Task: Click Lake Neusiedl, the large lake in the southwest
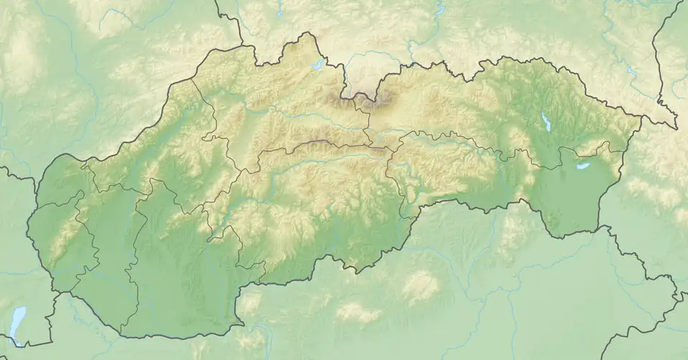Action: pos(17,318)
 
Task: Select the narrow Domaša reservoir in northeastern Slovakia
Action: pos(546,122)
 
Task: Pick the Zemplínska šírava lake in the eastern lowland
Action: pos(583,166)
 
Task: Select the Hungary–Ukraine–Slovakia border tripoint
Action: pos(601,228)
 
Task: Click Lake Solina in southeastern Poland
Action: pos(631,72)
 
